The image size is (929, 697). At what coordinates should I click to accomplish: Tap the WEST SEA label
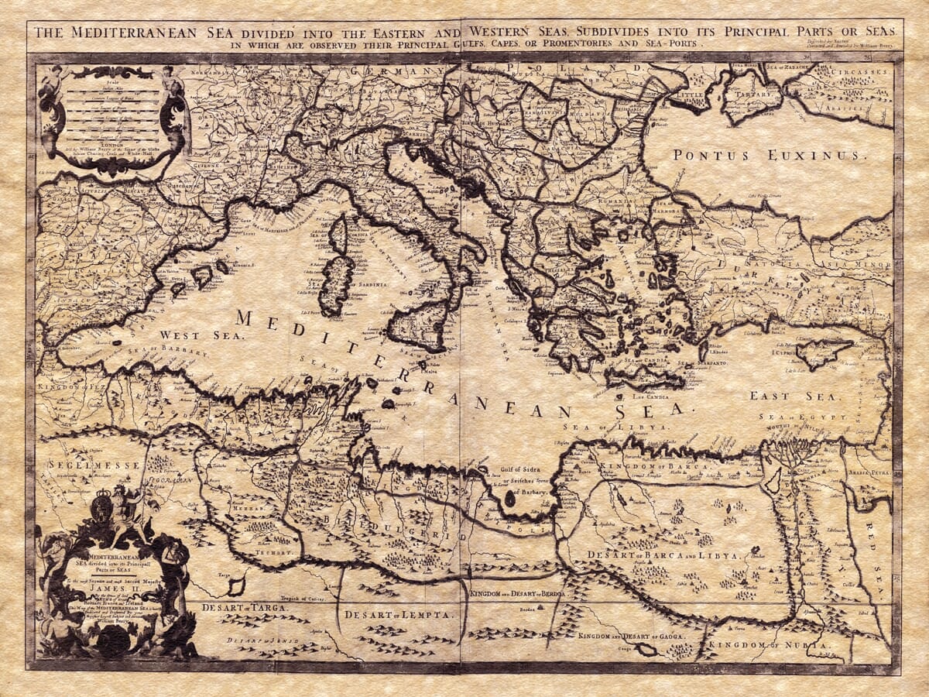point(201,335)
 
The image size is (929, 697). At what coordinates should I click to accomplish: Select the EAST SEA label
point(780,396)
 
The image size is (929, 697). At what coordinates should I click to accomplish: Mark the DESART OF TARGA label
point(245,608)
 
